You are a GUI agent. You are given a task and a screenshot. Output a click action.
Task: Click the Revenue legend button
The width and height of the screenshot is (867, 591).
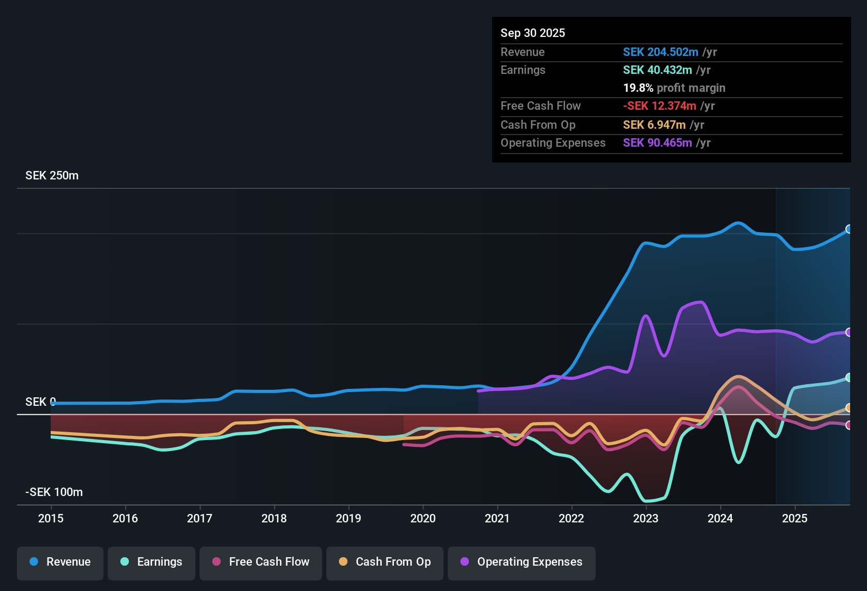[60, 562]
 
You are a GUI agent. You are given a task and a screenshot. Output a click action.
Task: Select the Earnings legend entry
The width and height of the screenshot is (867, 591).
[152, 562]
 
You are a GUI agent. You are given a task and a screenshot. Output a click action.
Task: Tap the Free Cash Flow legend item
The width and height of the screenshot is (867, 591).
[261, 562]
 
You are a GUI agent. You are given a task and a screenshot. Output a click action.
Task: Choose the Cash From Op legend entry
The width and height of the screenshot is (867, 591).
[385, 562]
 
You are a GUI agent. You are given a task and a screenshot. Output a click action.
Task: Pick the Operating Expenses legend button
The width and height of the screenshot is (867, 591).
[522, 562]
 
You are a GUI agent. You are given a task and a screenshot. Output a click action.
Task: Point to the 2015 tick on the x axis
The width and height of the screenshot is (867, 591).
[51, 518]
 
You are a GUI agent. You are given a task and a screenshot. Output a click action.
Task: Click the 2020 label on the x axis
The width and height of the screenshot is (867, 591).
[423, 518]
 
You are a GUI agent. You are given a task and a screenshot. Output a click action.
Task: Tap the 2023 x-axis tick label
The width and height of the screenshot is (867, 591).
[646, 518]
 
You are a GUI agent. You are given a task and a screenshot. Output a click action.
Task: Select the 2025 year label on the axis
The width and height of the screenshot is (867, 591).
[795, 518]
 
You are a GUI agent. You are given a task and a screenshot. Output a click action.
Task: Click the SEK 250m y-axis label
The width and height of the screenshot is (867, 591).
[52, 176]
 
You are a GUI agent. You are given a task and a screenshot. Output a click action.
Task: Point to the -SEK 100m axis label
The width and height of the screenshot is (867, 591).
[54, 492]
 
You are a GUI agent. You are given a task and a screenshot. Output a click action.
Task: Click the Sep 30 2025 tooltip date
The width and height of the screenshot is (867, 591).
[533, 33]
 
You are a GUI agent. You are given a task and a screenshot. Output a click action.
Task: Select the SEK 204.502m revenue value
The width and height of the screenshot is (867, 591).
[661, 52]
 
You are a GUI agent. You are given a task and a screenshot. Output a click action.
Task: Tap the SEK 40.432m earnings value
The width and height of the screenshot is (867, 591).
[657, 70]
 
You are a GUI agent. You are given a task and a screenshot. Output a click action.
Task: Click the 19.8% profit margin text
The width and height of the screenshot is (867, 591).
[674, 88]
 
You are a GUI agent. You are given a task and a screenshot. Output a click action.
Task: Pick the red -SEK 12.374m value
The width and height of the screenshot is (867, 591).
[659, 106]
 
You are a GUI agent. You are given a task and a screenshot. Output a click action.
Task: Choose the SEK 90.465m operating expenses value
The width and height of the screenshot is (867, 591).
[657, 143]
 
